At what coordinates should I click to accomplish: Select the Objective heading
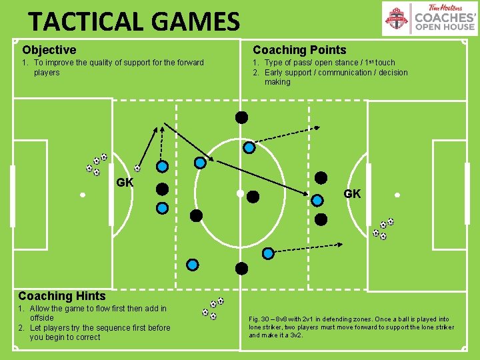[x=49, y=50]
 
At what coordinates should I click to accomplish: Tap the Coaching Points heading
[x=299, y=50]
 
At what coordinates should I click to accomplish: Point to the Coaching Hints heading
[x=62, y=295]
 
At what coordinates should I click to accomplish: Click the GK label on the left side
[x=125, y=182]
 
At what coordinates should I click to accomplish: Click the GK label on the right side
[x=352, y=193]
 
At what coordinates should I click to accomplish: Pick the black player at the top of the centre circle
[x=241, y=117]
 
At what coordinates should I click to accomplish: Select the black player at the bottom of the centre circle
[x=241, y=269]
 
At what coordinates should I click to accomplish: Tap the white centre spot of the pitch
[x=239, y=193]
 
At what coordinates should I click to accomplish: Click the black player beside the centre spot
[x=253, y=197]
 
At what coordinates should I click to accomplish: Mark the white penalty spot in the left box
[x=82, y=195]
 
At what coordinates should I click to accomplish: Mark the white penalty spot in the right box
[x=397, y=195]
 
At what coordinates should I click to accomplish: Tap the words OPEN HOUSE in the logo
[x=445, y=27]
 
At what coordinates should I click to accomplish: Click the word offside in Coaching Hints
[x=42, y=318]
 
